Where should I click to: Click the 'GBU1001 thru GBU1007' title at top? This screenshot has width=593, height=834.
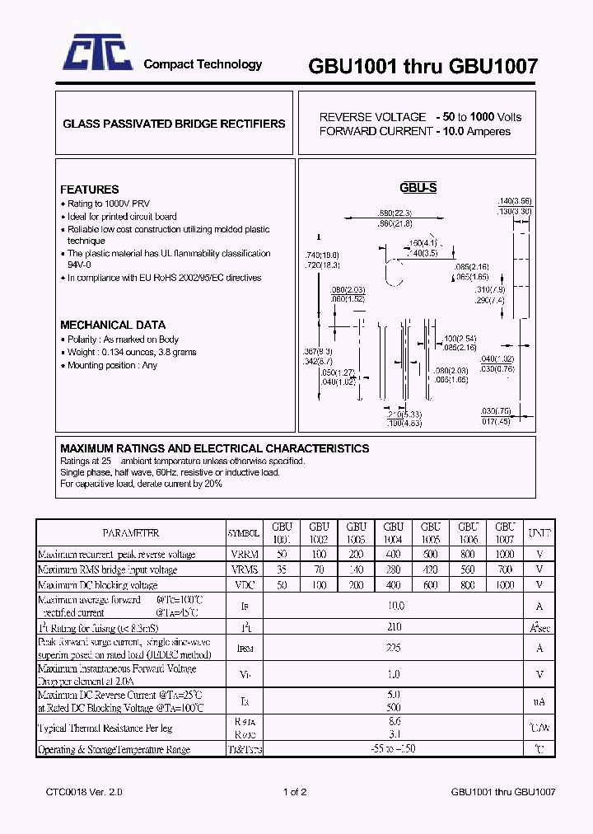pos(423,67)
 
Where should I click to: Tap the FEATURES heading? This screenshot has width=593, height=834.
pos(89,190)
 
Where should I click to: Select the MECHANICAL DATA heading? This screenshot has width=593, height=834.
pos(113,325)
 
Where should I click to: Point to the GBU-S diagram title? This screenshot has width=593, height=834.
pos(418,188)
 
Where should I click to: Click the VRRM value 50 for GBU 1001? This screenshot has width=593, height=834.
pos(282,555)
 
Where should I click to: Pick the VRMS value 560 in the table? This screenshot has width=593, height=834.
pos(468,569)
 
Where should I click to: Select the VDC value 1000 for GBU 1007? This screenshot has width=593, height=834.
pos(504,584)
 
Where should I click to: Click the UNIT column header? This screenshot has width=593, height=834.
pos(539,532)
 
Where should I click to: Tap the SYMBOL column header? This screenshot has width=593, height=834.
pos(245,533)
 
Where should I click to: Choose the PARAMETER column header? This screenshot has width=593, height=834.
pos(131,533)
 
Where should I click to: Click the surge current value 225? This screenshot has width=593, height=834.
pos(395,648)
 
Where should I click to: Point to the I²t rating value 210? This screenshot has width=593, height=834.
pos(395,626)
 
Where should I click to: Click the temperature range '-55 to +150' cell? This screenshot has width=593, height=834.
pos(395,749)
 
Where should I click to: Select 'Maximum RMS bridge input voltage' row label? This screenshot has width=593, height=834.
pos(107,569)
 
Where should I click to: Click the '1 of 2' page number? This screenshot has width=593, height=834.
pos(295,792)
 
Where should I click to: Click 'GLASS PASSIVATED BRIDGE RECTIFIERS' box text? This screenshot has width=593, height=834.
pos(174,124)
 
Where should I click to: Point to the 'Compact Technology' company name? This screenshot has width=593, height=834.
pos(203,64)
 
